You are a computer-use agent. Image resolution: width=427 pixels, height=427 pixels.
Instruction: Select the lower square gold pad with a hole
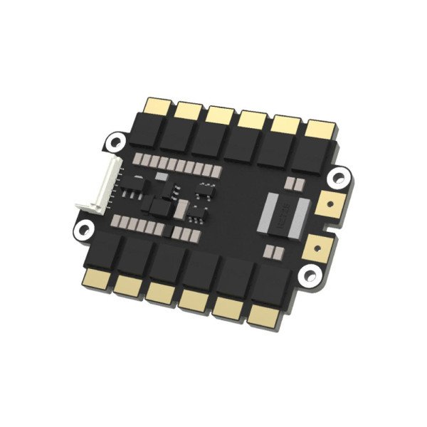pos(318,248)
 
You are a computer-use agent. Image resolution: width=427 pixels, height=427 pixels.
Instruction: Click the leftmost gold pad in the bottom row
pos(95,278)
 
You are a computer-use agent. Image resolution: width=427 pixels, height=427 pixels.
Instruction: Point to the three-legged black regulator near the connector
pos(133,189)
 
